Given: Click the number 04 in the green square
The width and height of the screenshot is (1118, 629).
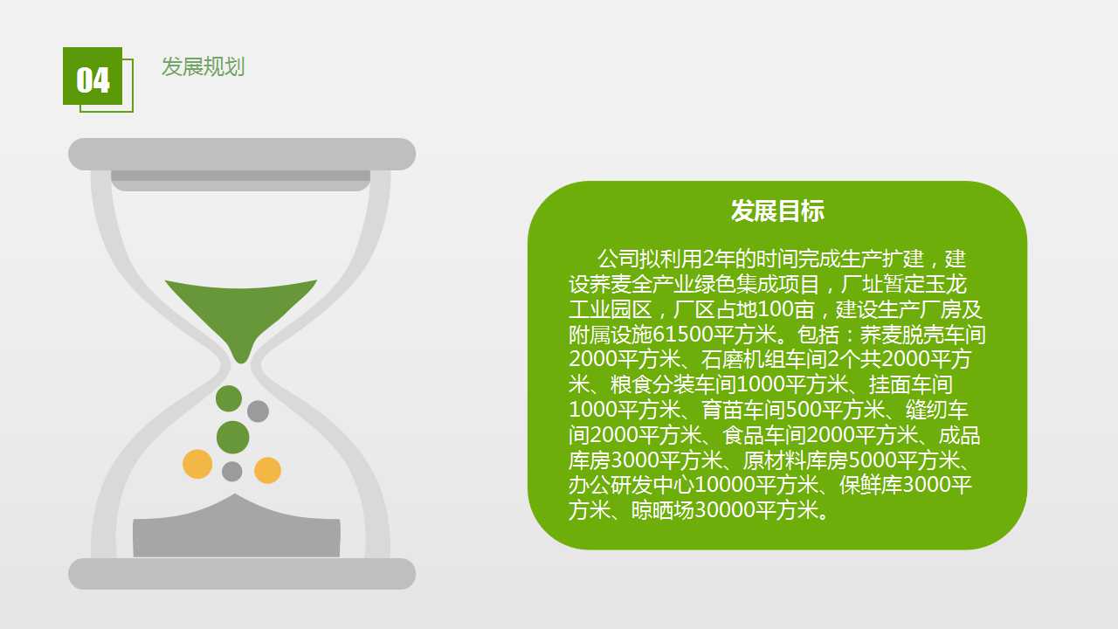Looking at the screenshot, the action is click(93, 79).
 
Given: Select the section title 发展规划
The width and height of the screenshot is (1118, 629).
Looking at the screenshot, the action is click(204, 67).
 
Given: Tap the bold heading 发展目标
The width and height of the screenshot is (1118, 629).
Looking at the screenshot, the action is click(777, 211).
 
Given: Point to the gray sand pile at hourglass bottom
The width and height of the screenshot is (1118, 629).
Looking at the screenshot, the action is click(237, 529).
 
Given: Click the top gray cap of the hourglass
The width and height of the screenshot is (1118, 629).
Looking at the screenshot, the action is click(242, 155).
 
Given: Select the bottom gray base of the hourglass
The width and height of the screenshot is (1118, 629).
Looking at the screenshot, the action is click(242, 574).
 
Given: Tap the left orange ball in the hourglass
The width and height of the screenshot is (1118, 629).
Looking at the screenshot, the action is click(197, 464).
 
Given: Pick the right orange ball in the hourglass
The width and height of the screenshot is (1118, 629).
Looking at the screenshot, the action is click(267, 470).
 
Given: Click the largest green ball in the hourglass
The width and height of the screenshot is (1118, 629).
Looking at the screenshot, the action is click(233, 438).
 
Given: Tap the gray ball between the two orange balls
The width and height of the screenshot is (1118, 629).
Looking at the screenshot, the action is click(232, 471).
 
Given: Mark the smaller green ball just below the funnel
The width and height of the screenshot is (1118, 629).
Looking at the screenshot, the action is click(229, 398).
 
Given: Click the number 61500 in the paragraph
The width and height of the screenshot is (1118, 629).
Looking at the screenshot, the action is click(683, 335).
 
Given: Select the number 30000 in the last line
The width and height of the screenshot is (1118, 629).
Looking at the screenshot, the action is click(725, 510).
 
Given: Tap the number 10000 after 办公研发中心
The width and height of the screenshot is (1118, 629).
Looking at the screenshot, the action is click(725, 485).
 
